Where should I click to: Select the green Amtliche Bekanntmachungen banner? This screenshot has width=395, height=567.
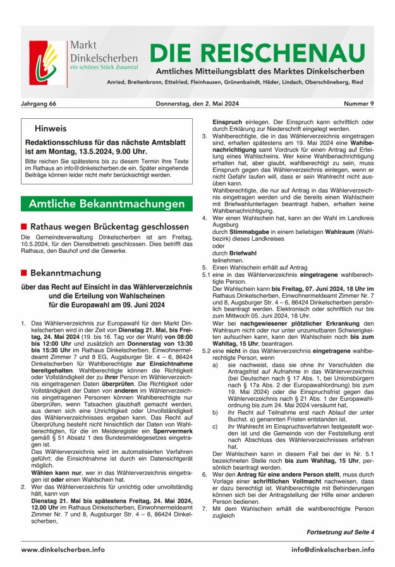tap(106, 204)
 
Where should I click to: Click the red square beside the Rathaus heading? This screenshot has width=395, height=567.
tap(24, 226)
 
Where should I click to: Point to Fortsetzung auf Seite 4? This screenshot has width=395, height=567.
tap(340, 532)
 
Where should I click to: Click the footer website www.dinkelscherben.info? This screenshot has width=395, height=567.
tap(63, 549)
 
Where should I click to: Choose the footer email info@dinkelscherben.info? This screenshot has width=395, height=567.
tap(332, 549)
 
